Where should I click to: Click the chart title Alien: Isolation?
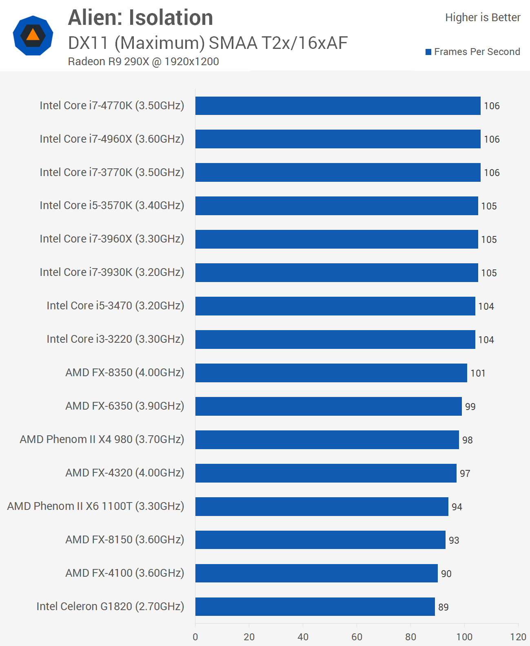[140, 18]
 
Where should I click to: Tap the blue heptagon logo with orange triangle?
[33, 35]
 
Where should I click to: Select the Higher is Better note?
[482, 18]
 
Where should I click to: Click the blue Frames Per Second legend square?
[428, 52]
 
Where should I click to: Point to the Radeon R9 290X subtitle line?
[143, 62]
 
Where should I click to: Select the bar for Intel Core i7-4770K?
[338, 106]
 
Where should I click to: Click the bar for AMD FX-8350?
[331, 373]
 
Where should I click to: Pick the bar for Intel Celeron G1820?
[315, 606]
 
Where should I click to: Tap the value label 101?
[478, 373]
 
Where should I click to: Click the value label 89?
[443, 607]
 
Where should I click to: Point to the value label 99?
[470, 407]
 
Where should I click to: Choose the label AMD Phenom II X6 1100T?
[95, 506]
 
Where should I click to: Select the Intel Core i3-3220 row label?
[115, 339]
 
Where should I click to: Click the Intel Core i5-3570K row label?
[112, 205]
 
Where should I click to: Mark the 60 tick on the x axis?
[357, 637]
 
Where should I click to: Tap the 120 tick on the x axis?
[518, 637]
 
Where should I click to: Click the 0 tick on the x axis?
[195, 637]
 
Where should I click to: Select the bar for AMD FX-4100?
[316, 573]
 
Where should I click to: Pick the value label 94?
[457, 507]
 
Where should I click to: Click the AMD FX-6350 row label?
[124, 406]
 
